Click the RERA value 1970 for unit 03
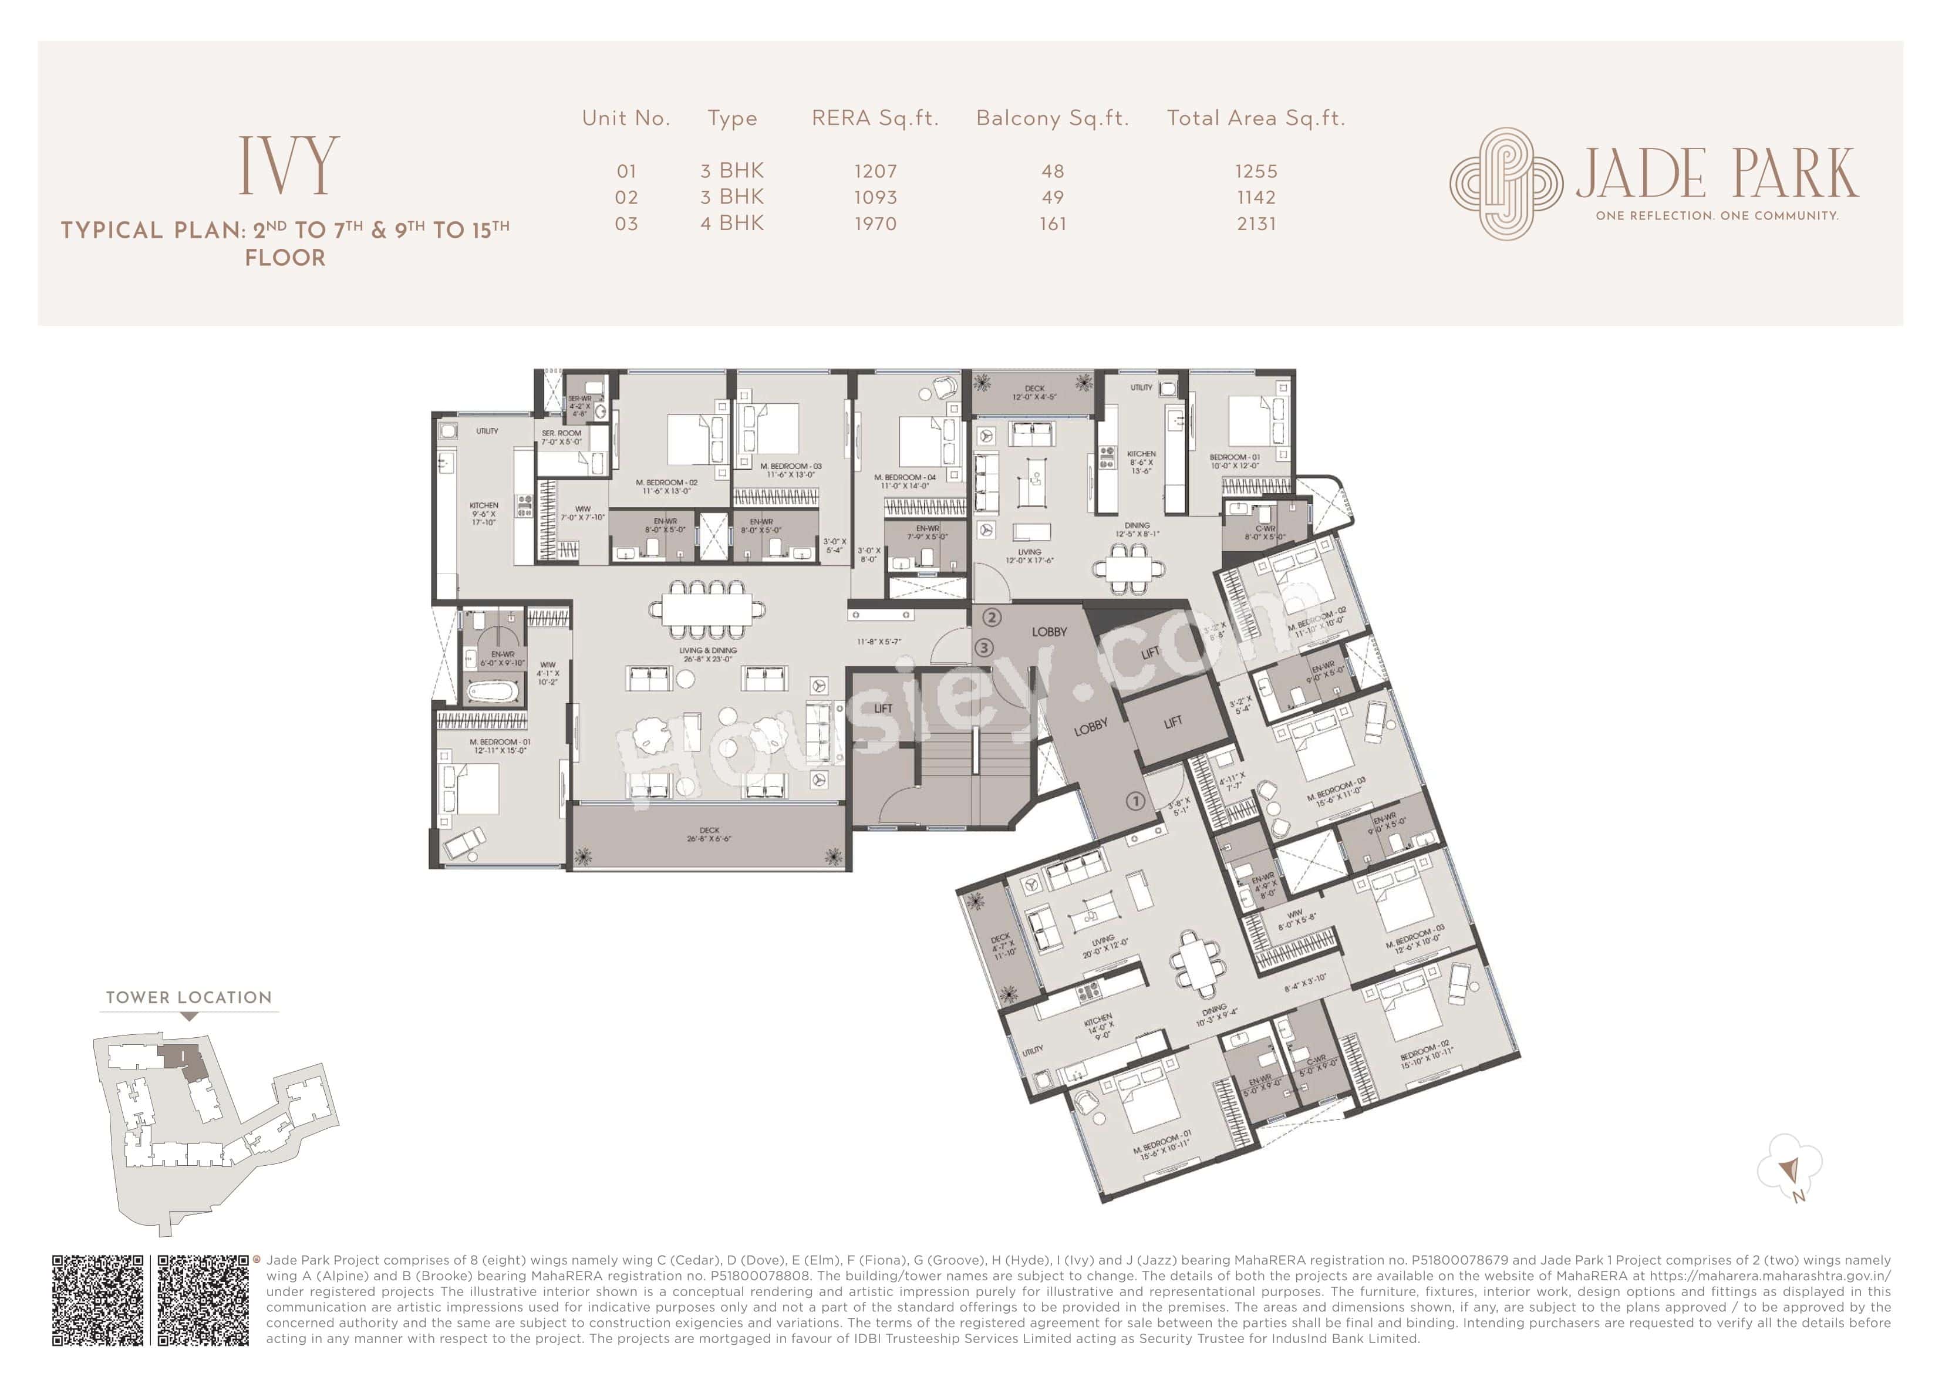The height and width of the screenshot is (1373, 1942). coord(875,224)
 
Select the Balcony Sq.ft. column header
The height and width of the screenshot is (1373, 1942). coord(1052,119)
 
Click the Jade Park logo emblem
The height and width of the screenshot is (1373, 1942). coord(1506,183)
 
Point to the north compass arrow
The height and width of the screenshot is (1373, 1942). coord(1787,1171)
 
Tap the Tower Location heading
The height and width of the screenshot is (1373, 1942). coord(188,997)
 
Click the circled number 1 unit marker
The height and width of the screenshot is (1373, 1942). coord(1135,800)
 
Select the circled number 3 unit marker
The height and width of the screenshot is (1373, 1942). coord(984,648)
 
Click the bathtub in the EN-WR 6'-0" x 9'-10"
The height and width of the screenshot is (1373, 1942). coord(491,692)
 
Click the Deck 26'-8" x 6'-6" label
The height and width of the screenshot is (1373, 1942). coord(709,834)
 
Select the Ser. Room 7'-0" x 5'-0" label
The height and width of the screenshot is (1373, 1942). coord(562,437)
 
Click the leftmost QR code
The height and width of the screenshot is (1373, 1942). coord(98,1300)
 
